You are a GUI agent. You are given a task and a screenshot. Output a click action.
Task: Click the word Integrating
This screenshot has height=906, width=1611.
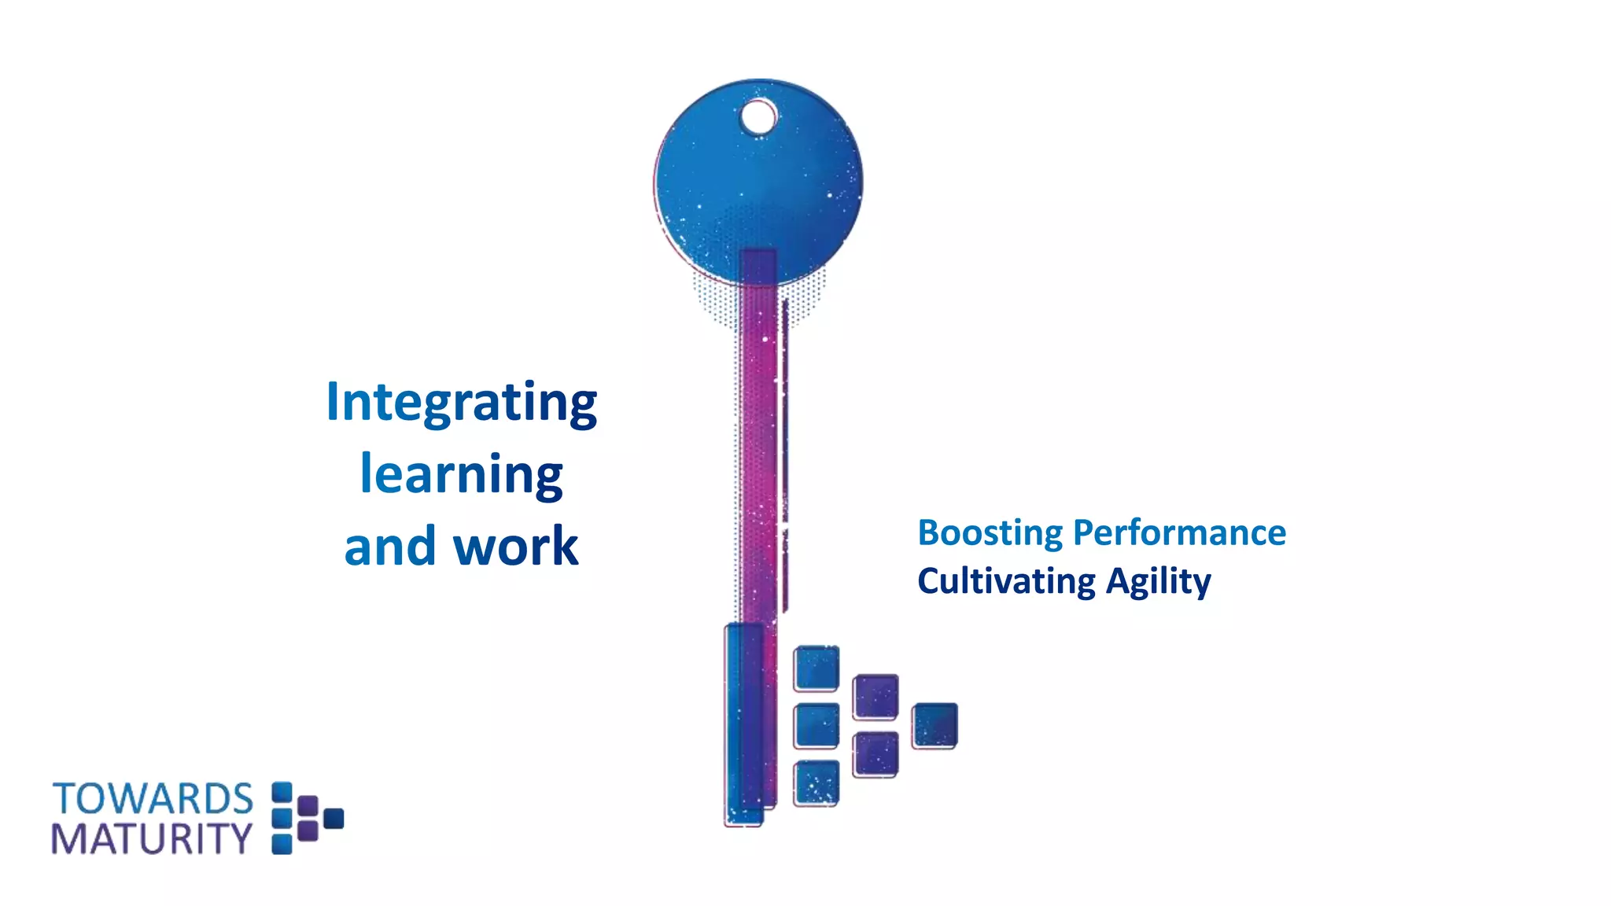click(x=462, y=403)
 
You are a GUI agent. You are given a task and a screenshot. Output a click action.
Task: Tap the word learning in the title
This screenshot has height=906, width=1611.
click(x=462, y=474)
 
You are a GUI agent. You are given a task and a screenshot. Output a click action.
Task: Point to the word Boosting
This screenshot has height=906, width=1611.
click(x=990, y=533)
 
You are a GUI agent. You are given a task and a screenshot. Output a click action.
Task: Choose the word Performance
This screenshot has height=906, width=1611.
click(x=1179, y=532)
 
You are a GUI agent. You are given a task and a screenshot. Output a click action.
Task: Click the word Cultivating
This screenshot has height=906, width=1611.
click(x=1006, y=581)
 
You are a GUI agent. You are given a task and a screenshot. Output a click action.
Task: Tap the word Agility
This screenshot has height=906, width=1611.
click(x=1158, y=582)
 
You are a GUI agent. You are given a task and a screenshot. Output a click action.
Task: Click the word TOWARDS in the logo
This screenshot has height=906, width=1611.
click(x=153, y=799)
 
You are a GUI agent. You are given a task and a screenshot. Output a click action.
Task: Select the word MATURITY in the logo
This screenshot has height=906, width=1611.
click(x=152, y=839)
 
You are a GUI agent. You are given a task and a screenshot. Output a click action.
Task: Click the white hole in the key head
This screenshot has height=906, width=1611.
click(x=758, y=118)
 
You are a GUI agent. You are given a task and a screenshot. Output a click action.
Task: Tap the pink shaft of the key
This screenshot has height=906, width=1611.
click(x=758, y=440)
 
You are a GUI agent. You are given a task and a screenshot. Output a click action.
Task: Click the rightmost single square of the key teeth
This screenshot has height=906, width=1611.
click(x=935, y=725)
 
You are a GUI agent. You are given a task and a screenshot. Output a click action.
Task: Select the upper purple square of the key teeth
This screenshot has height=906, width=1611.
click(x=876, y=696)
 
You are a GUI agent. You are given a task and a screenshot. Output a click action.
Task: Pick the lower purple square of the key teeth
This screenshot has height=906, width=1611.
click(x=876, y=754)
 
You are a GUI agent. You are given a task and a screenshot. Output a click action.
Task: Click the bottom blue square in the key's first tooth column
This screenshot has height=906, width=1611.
click(x=817, y=783)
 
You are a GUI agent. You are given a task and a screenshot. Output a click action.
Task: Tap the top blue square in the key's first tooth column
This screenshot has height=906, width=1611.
click(x=817, y=668)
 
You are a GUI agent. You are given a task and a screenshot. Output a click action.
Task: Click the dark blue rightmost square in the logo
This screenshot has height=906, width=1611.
click(x=334, y=819)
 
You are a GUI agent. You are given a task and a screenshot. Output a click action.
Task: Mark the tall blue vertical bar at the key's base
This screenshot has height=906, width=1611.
click(x=743, y=724)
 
